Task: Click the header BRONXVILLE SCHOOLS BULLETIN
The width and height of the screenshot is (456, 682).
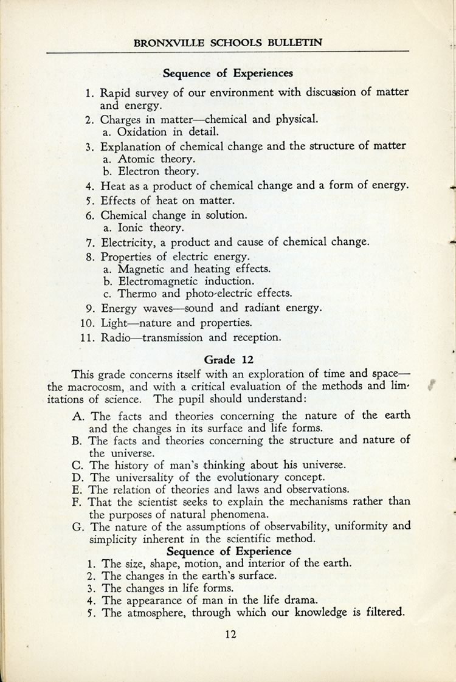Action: (227, 43)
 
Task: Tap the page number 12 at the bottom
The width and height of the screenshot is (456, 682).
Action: (229, 635)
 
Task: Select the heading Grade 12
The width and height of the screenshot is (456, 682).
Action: (229, 359)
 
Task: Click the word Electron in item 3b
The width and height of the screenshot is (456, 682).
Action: (140, 171)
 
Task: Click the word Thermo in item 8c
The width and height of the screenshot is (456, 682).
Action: (137, 293)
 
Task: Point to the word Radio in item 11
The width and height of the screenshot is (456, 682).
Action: (115, 337)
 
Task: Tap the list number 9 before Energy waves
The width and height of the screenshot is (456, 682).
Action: (89, 308)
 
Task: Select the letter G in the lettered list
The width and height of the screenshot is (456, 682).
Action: (77, 526)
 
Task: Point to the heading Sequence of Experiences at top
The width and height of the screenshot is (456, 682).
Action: (228, 74)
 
